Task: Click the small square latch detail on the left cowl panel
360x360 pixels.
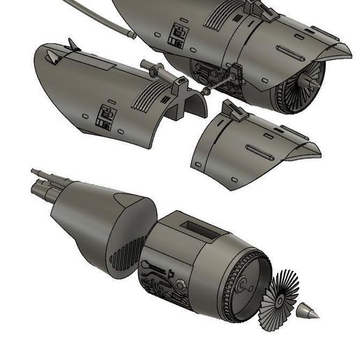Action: point(107,115)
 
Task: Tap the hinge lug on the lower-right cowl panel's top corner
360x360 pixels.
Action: point(229,108)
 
